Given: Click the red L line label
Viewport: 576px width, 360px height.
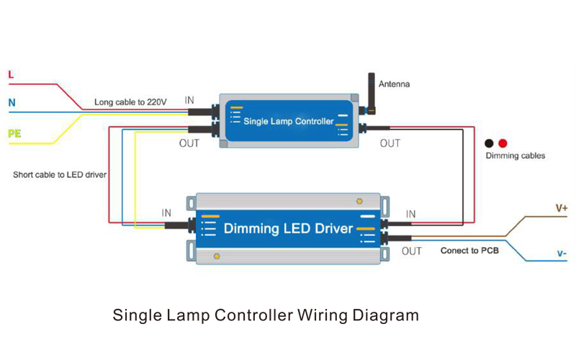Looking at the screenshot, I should coord(11,74).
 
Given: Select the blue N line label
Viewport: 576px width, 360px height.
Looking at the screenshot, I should coord(12,103).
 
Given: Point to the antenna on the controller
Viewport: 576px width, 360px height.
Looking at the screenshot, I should coord(372,91).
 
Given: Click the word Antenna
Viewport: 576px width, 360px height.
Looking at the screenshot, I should coord(394,84).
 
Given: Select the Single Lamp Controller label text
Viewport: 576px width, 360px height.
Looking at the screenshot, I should coord(289,122).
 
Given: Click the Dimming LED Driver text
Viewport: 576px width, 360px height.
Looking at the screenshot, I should coord(288,229).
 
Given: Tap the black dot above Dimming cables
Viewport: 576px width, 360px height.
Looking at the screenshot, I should coord(489,143).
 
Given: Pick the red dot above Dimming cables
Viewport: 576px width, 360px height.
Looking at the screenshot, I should coord(503,143).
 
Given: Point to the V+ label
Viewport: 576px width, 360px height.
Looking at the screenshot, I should coord(561,208).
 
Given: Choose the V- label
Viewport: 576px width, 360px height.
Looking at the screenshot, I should coord(561,253).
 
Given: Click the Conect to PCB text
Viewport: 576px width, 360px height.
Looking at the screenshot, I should coord(469,251).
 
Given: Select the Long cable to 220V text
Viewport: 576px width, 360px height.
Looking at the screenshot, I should coord(130,103).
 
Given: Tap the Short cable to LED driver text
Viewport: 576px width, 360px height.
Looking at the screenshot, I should coord(60,175).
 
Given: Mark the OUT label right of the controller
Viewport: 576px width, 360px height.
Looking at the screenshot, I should coord(390,143).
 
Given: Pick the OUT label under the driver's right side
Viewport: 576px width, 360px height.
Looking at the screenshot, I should coord(411,251).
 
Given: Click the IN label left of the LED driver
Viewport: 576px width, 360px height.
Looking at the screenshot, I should coord(166,213).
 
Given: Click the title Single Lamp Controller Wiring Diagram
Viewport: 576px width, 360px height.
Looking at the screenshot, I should coord(266,315).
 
